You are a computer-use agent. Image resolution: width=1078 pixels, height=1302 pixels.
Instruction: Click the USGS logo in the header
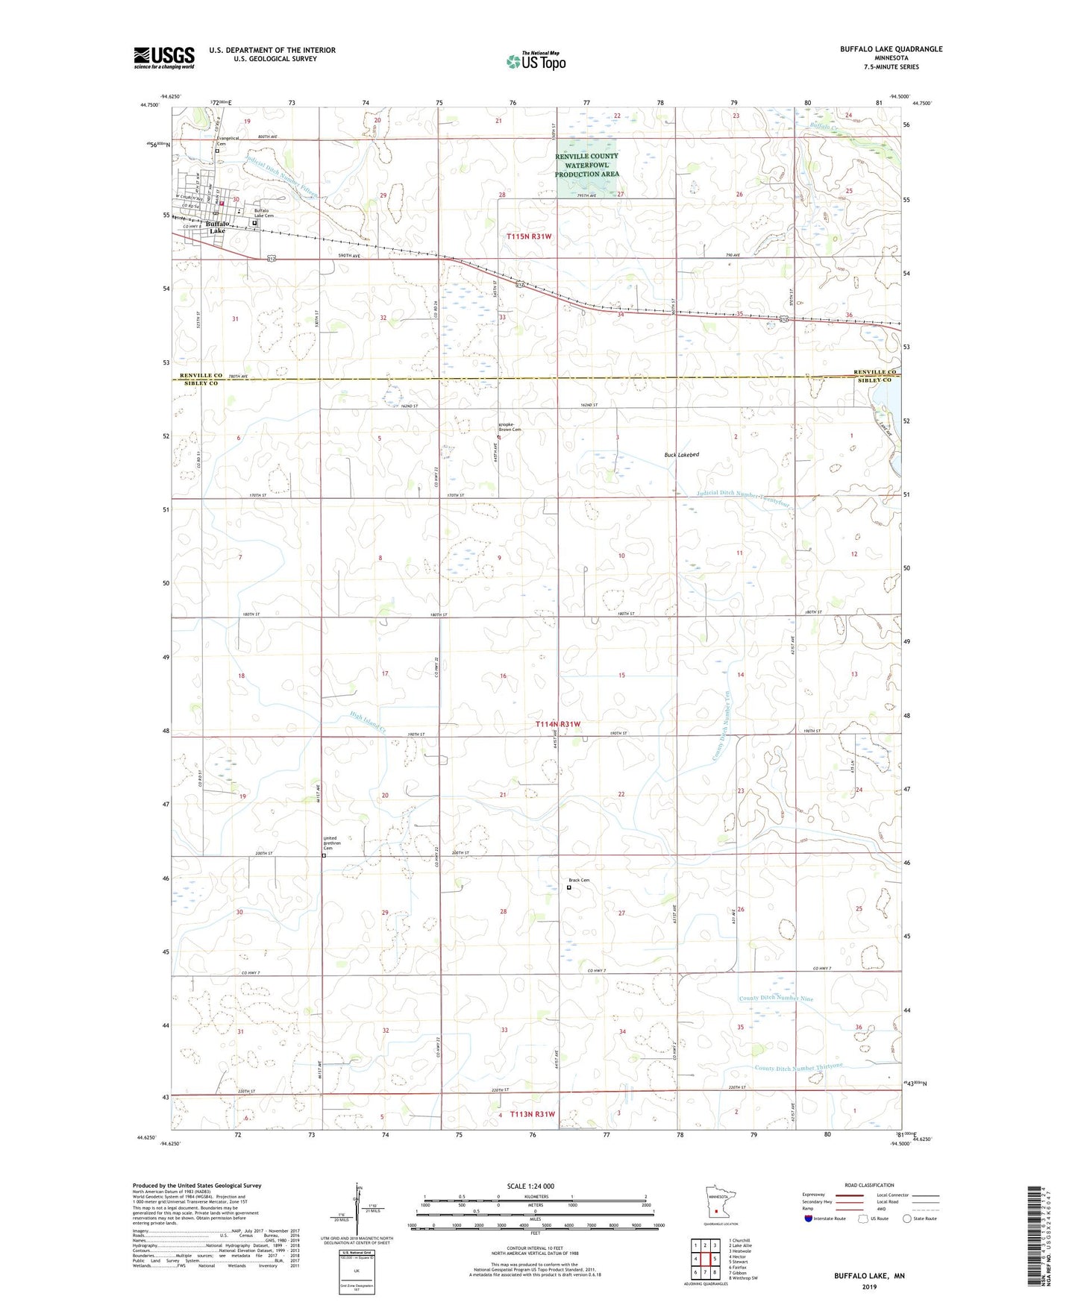coord(164,57)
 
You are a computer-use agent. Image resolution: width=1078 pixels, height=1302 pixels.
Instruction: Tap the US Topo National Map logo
coord(534,61)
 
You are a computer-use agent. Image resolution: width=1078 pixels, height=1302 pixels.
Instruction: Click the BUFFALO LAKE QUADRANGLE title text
coord(891,49)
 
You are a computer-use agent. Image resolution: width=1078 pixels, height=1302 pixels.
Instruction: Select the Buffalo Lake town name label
coord(217,227)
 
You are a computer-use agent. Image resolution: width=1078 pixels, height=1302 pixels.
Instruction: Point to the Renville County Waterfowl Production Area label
coord(586,165)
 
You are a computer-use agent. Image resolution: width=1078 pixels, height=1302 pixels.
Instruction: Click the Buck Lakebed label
coord(681,454)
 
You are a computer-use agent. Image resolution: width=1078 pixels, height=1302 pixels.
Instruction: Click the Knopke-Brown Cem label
coord(510,429)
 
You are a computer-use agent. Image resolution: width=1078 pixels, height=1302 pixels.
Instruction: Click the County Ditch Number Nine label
coord(776,998)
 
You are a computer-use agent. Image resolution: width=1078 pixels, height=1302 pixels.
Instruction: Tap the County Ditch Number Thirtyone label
coord(798,1068)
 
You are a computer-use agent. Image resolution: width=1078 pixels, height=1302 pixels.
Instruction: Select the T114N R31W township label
coord(557,724)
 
